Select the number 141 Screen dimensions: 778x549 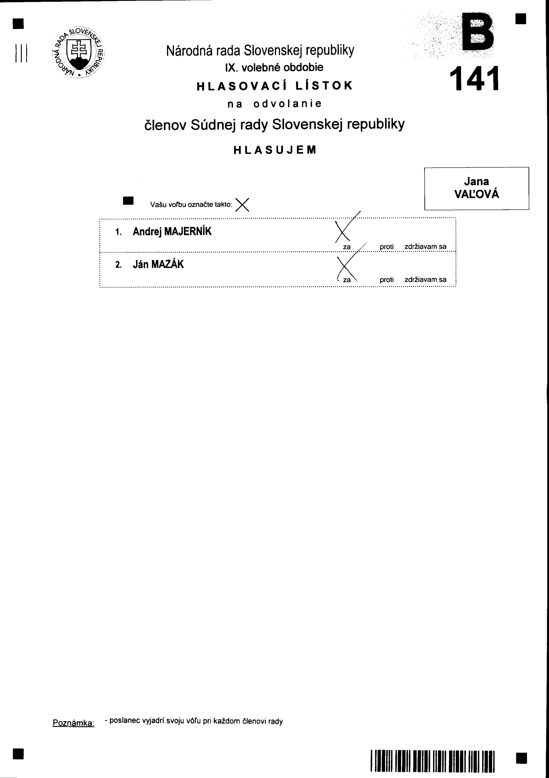pos(474,79)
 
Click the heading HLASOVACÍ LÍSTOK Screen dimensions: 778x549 pos(274,86)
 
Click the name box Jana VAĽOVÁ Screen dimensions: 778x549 pos(476,188)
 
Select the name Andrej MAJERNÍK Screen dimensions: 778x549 pos(172,232)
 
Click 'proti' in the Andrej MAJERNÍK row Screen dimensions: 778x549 pos(386,247)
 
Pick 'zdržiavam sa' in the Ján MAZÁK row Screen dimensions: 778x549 pos(425,280)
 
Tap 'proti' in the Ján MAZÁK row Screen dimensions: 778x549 pos(386,280)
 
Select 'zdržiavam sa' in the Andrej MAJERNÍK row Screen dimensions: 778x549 pos(425,247)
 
